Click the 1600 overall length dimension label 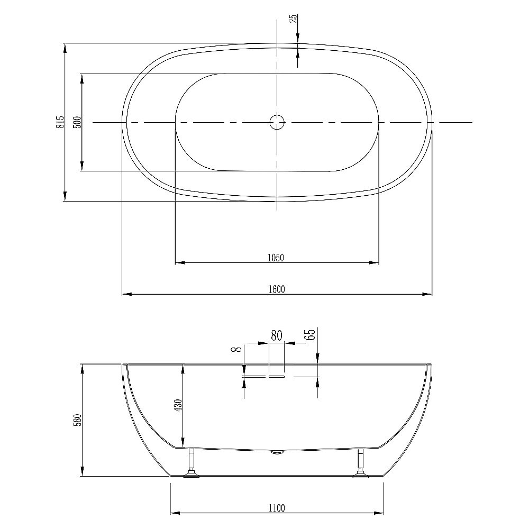click(276, 289)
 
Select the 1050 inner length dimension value click(276, 258)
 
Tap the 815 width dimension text click(61, 122)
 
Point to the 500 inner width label click(77, 122)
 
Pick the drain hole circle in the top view click(277, 122)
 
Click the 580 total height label click(78, 420)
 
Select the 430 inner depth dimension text click(178, 405)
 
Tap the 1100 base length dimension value click(276, 508)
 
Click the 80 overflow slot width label click(276, 335)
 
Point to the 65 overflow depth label click(311, 334)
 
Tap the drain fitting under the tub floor click(277, 452)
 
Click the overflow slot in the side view click(277, 377)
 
